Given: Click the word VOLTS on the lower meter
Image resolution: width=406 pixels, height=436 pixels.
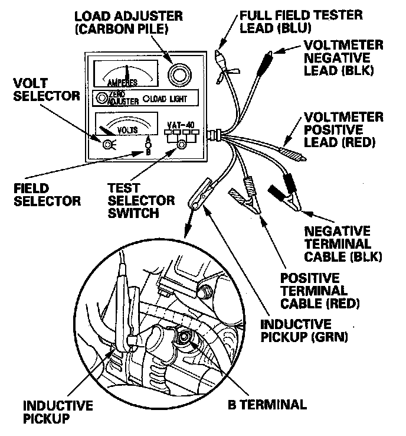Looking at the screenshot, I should click(x=127, y=128).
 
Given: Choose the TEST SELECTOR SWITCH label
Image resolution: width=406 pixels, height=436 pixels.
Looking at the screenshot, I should click(x=142, y=200).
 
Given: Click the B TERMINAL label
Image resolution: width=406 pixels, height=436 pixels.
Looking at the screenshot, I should click(x=267, y=405).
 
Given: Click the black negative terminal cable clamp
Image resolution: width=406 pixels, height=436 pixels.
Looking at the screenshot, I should click(x=286, y=196).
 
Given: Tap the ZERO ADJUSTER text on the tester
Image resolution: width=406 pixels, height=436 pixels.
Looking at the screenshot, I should click(x=125, y=99).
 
